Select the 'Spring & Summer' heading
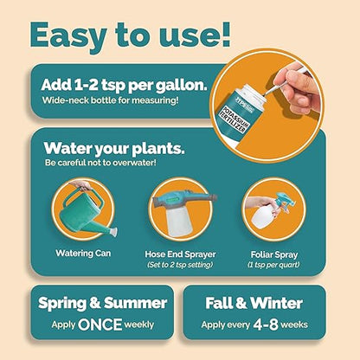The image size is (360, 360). [101, 304]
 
